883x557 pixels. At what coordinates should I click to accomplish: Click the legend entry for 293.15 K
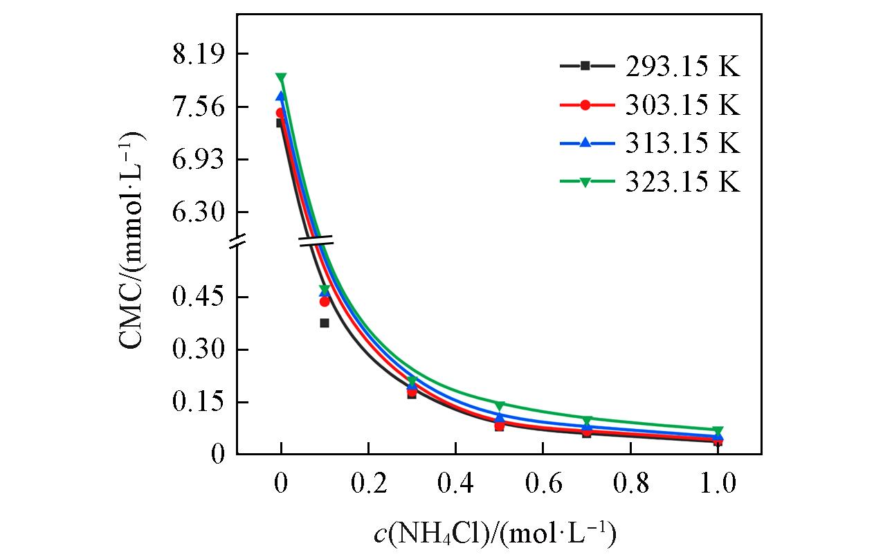683,66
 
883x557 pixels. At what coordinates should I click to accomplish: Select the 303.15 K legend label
683,105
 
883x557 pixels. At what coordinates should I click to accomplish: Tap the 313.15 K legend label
683,143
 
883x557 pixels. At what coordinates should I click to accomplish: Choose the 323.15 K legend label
683,182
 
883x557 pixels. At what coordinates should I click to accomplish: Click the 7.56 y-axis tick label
196,107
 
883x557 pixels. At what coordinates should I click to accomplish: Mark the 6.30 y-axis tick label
196,212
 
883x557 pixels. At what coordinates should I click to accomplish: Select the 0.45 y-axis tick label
196,298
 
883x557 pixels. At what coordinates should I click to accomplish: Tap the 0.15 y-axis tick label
196,403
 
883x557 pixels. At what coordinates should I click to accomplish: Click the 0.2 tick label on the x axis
368,484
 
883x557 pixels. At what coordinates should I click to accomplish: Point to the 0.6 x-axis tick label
543,484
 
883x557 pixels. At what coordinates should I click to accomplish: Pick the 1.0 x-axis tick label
718,484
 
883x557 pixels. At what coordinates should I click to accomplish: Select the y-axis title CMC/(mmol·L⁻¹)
134,241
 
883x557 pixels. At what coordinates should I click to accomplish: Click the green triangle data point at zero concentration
281,78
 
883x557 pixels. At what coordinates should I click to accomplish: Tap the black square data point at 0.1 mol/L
325,323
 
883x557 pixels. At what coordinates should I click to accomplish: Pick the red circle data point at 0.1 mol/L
325,302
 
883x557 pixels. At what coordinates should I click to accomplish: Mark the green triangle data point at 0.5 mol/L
500,405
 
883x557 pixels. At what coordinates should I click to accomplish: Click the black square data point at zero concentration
280,123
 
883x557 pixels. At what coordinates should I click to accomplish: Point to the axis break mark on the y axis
237,241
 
